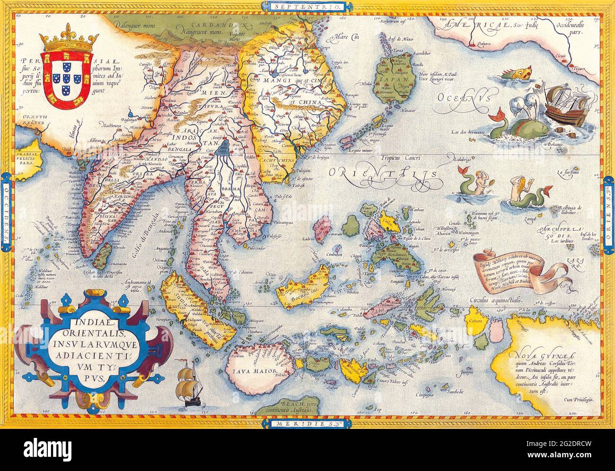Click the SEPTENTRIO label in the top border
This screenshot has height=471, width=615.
307,7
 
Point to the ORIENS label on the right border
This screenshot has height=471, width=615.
609,214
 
